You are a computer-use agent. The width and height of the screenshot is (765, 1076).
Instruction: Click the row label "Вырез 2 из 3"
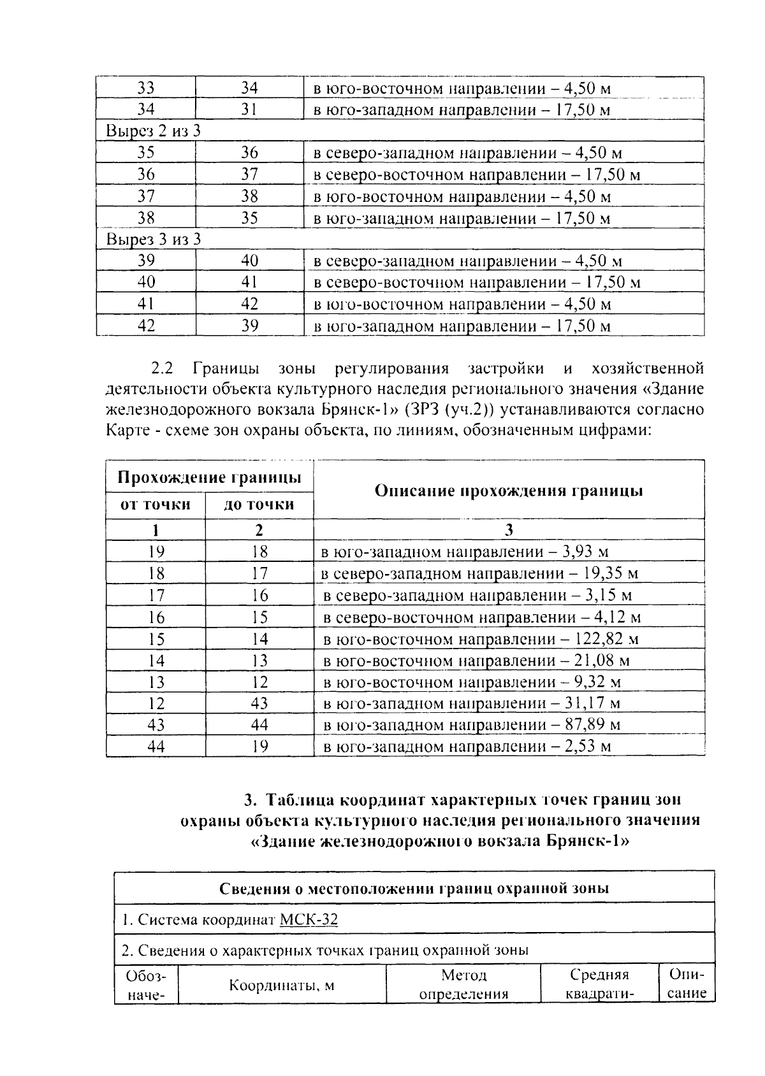point(153,131)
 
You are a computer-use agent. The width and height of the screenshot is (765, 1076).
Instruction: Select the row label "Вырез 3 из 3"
point(153,240)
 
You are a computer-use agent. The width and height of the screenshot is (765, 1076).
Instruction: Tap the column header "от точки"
point(156,505)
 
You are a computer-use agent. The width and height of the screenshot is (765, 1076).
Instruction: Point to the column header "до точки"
point(259,505)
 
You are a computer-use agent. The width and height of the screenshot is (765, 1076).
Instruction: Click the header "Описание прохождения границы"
point(509,491)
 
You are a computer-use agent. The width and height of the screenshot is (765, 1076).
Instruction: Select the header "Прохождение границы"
point(209,478)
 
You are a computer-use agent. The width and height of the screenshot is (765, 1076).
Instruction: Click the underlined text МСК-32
point(309,919)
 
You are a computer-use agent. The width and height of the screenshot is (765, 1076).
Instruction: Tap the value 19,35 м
point(610,574)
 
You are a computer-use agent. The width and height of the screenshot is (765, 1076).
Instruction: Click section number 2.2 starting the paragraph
point(162,369)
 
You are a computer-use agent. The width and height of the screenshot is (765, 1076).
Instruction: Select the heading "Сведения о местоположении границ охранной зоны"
point(414,888)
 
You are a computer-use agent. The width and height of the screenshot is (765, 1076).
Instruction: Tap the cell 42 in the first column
point(147,326)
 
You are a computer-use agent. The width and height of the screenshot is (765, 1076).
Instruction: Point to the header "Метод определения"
point(463,985)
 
